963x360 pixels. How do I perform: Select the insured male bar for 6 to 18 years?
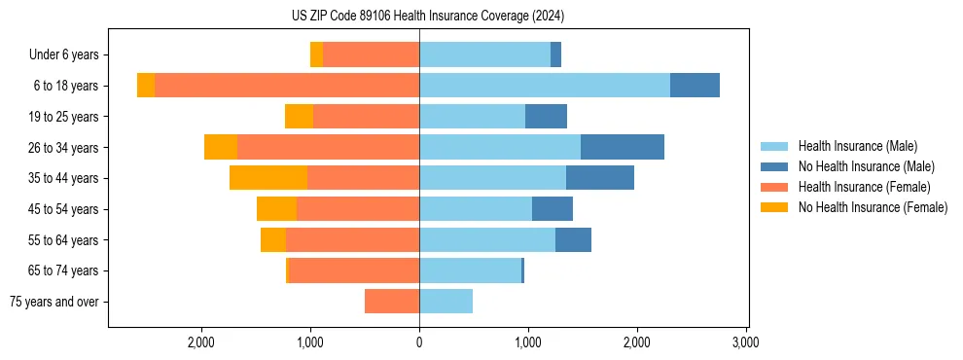point(545,86)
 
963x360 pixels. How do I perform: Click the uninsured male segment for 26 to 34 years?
point(623,147)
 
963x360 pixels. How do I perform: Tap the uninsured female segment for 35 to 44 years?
point(268,178)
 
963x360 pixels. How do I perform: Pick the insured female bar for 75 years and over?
point(392,302)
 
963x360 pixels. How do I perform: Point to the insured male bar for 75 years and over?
point(446,302)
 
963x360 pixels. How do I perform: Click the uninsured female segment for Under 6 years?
point(316,54)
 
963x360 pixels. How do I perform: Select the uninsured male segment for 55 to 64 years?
point(573,239)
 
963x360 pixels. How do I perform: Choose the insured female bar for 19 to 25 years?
point(366,117)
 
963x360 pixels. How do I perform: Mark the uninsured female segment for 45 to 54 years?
point(276,209)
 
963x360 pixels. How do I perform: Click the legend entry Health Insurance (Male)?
point(856,146)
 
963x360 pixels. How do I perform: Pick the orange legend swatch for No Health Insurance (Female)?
point(775,207)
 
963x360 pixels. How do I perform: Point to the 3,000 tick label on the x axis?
point(745,342)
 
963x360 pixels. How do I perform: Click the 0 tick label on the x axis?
point(419,342)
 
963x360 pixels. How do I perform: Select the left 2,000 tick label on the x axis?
point(201,342)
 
